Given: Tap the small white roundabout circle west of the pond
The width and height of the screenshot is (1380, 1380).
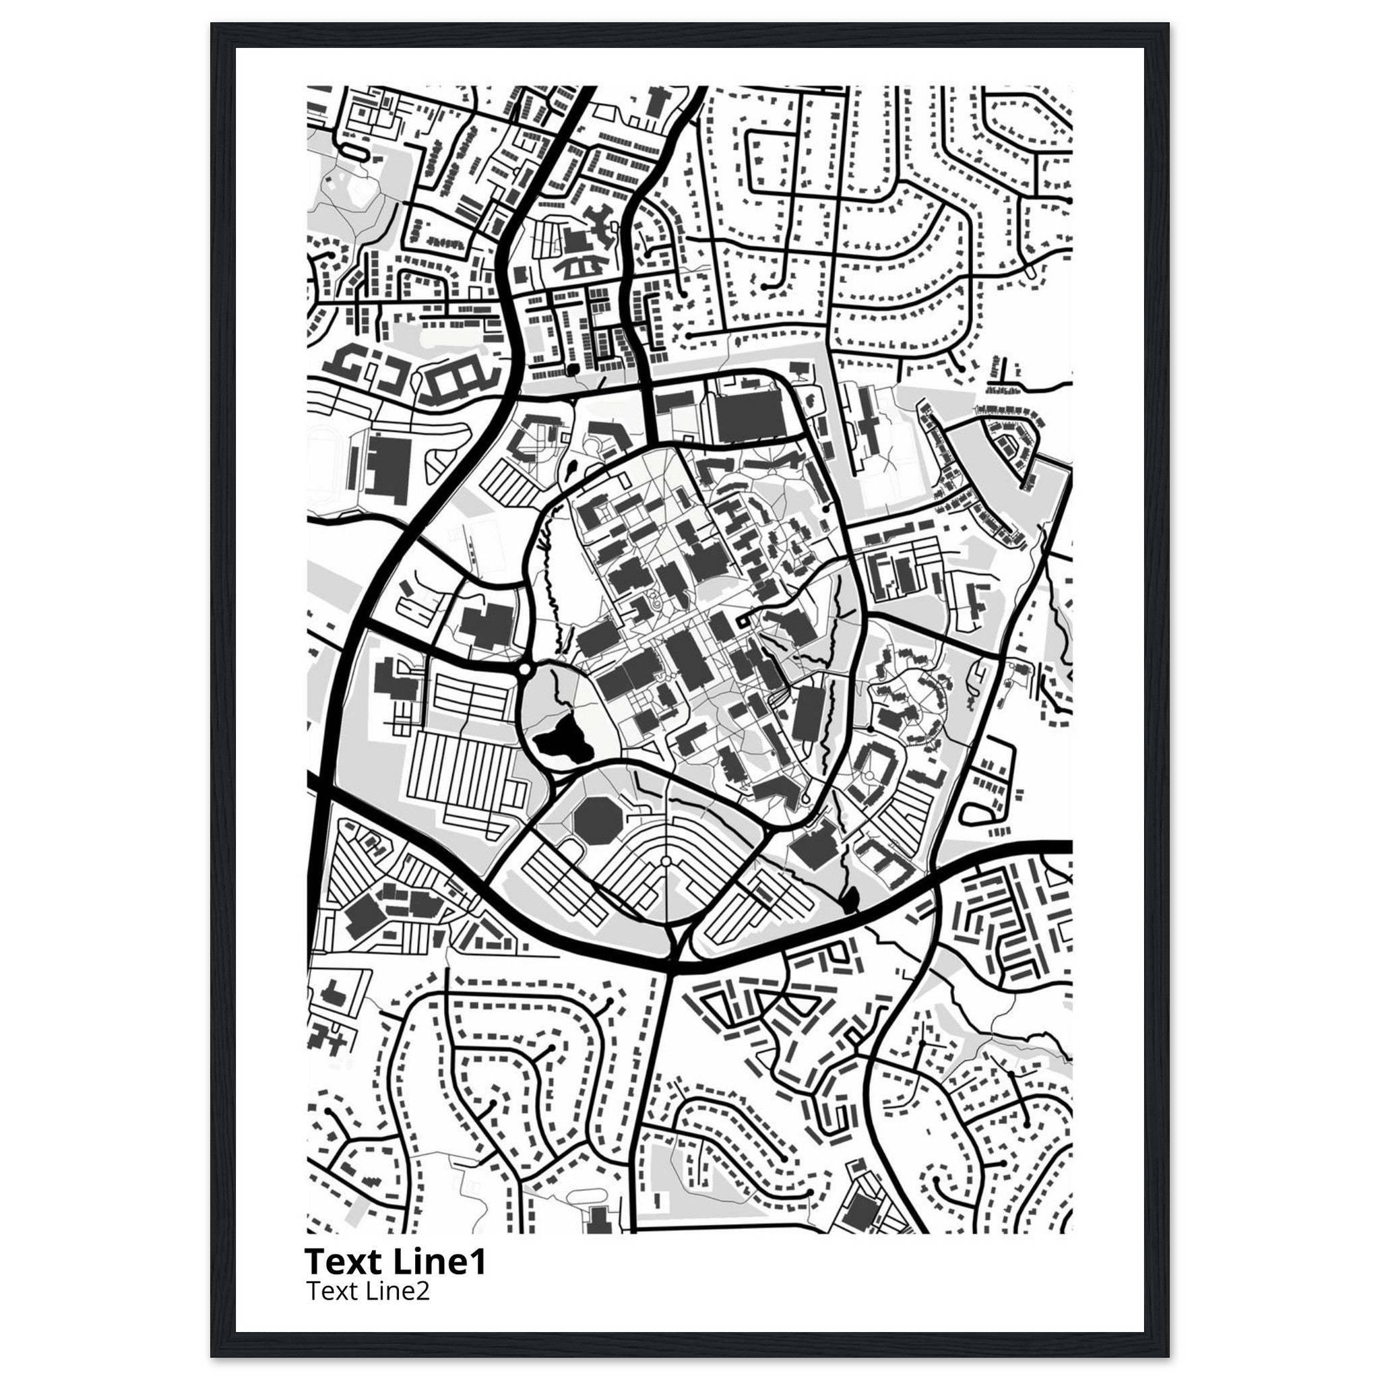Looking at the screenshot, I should coord(525,669).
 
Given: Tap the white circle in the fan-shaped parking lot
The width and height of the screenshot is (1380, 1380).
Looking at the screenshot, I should coord(666,862).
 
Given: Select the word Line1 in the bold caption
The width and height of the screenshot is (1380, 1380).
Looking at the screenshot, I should coord(439,1263).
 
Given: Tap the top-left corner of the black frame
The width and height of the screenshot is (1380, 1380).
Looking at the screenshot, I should coord(212,24).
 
